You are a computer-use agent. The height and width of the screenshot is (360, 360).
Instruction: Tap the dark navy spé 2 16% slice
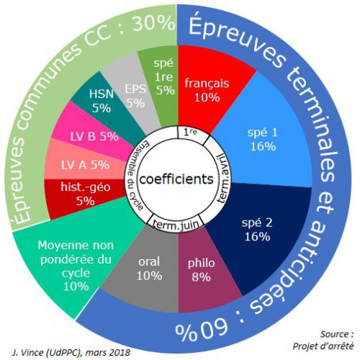click(x=258, y=230)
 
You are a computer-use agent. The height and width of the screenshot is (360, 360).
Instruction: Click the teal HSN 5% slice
click(x=103, y=101)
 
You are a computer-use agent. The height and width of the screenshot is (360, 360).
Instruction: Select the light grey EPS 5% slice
click(x=135, y=96)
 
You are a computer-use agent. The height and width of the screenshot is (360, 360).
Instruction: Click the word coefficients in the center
click(x=176, y=179)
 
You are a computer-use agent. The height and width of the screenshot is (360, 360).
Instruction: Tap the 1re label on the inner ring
click(x=190, y=132)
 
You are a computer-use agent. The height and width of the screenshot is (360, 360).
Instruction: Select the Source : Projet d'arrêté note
click(x=323, y=340)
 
